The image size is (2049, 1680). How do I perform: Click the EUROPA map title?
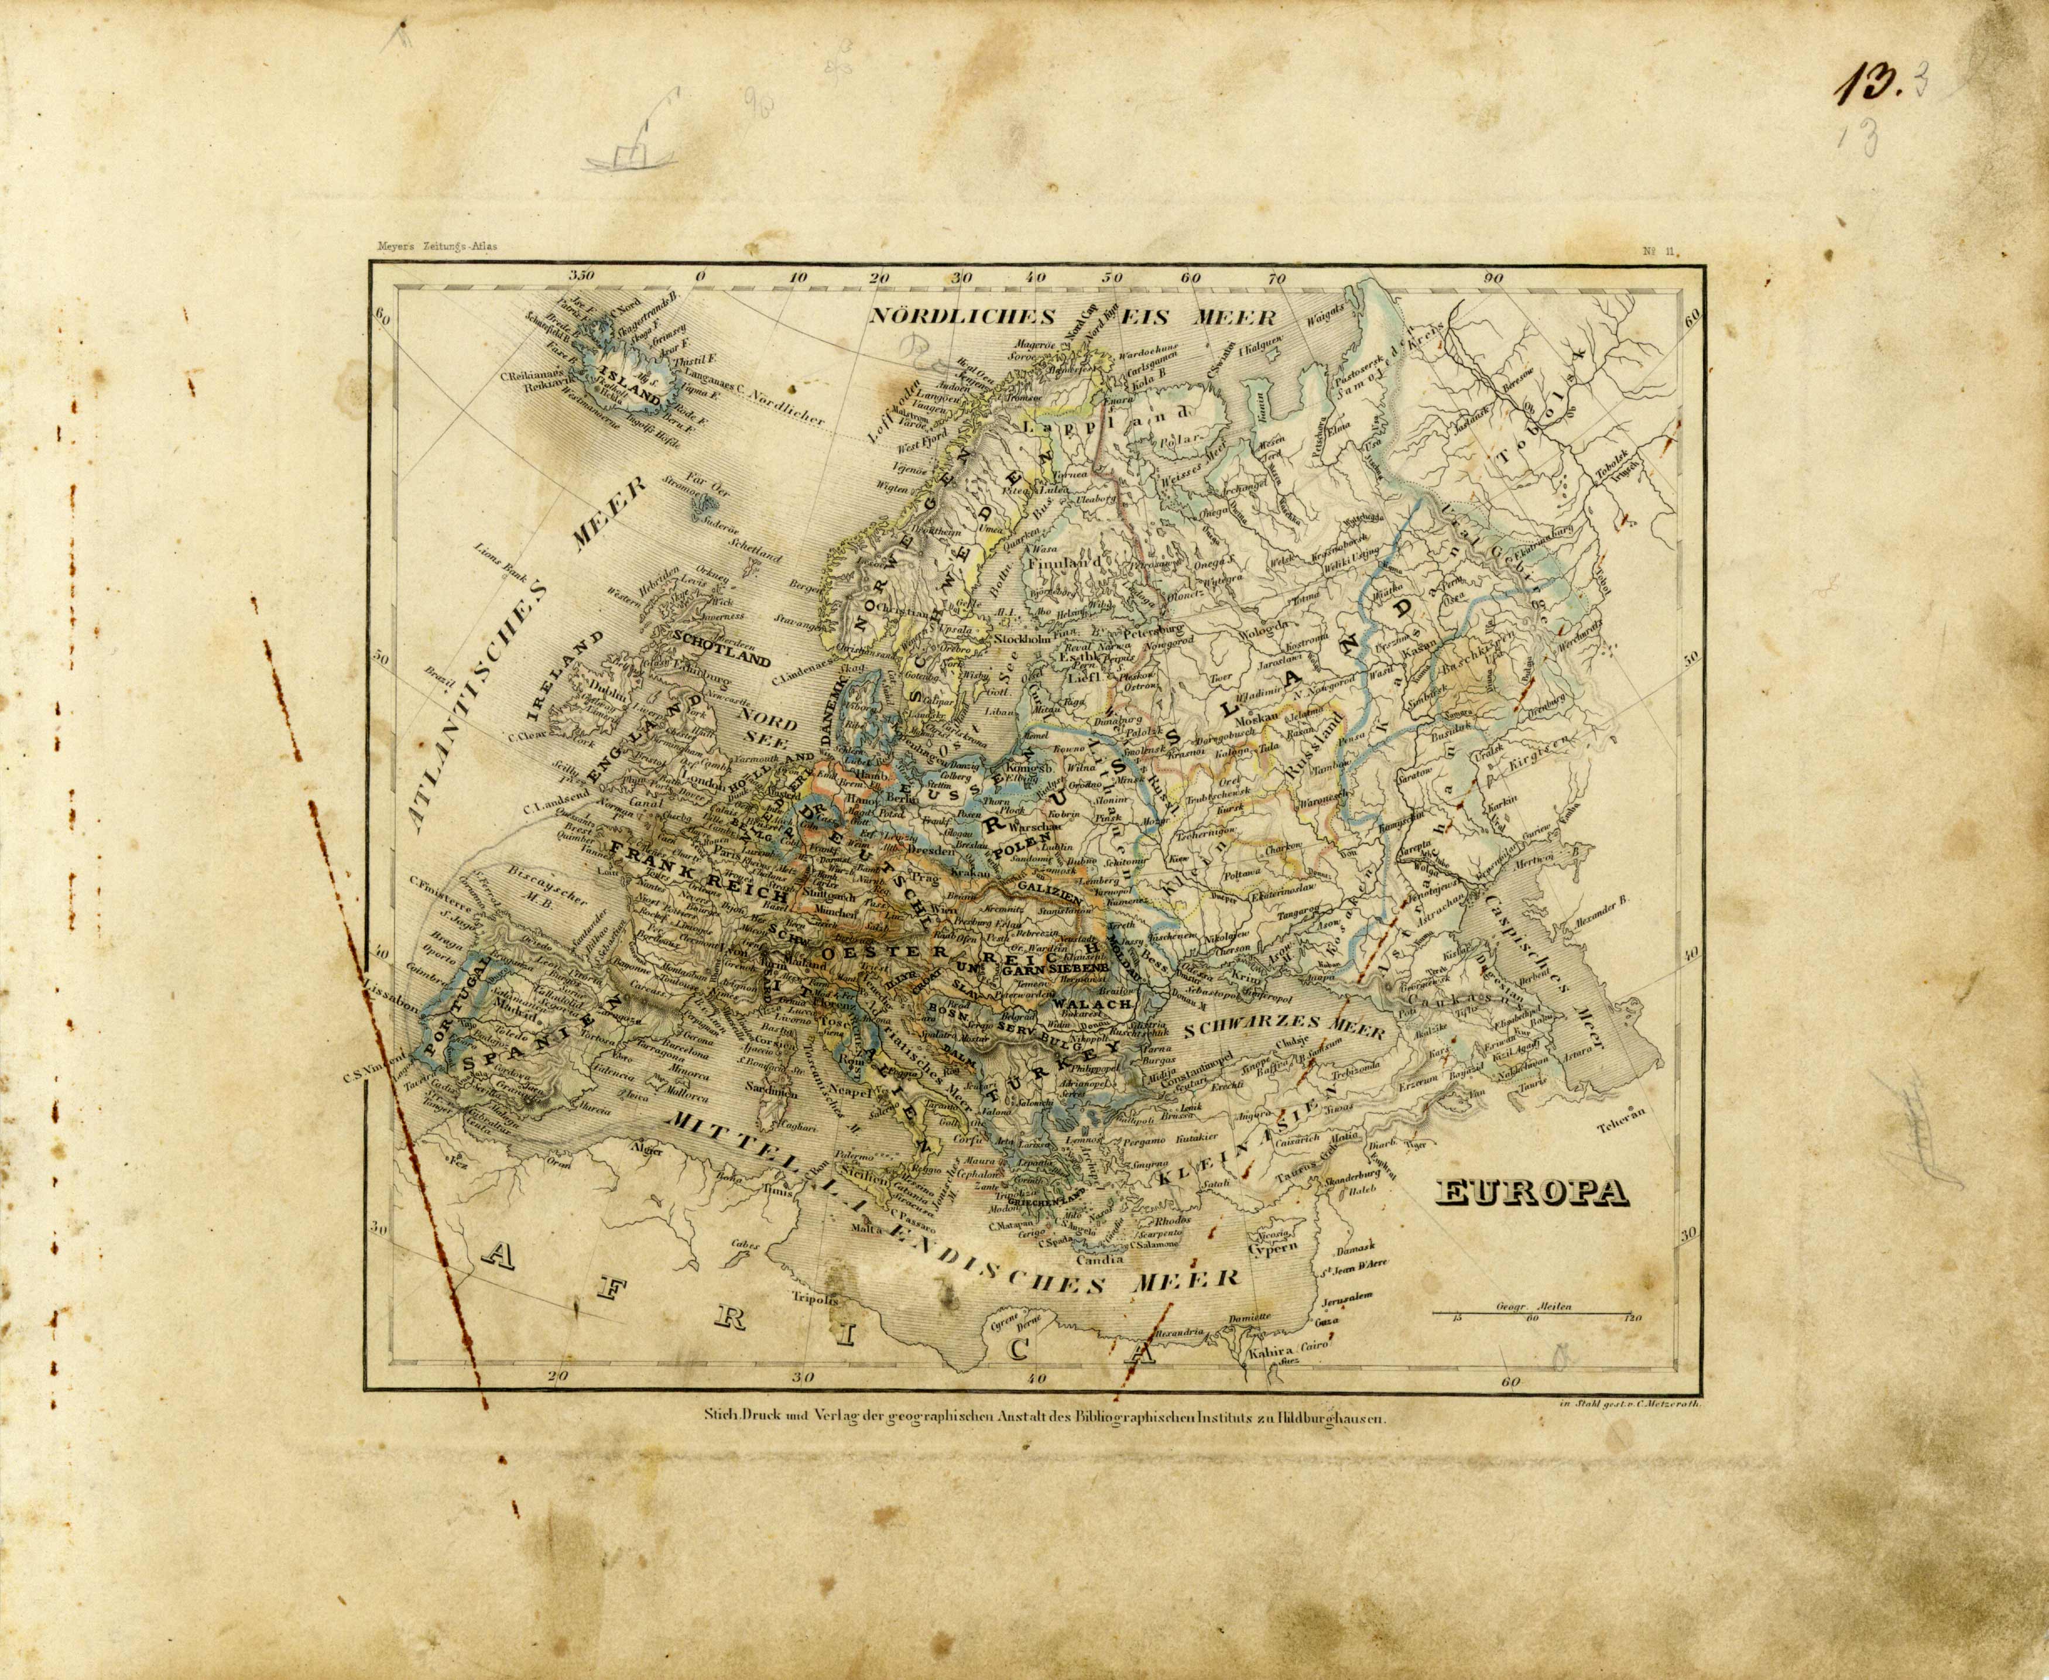(x=1530, y=1194)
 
